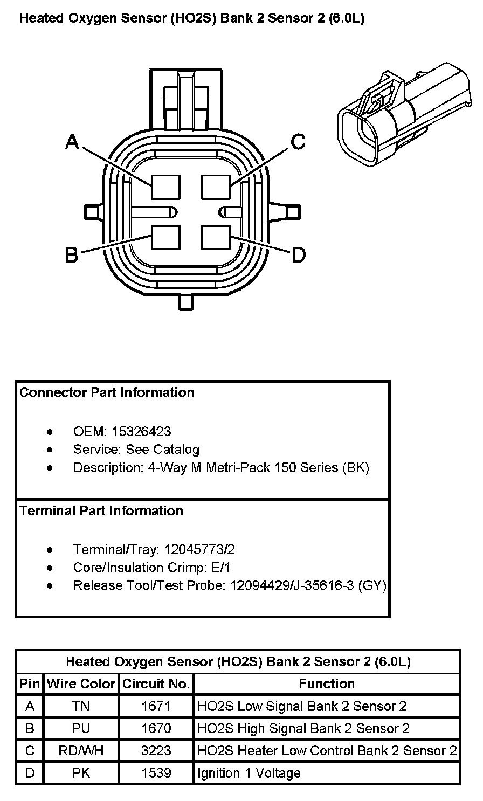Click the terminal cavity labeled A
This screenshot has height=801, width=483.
pyautogui.click(x=165, y=187)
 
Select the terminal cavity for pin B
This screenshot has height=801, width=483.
pyautogui.click(x=165, y=237)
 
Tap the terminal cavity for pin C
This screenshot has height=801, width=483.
pyautogui.click(x=216, y=187)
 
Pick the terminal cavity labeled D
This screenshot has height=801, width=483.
pyautogui.click(x=216, y=237)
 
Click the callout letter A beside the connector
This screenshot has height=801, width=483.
pyautogui.click(x=72, y=141)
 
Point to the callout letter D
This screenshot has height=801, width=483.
pyautogui.click(x=299, y=254)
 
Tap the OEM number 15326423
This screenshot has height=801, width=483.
pyautogui.click(x=141, y=431)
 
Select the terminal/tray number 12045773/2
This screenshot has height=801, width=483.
pyautogui.click(x=199, y=550)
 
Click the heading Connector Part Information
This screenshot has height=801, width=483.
pyautogui.click(x=107, y=392)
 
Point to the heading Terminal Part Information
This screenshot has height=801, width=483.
pyautogui.click(x=101, y=510)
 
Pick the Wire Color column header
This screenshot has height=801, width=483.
pyautogui.click(x=81, y=684)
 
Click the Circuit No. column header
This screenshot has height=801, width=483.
pyautogui.click(x=156, y=684)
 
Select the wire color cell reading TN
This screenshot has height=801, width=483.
pyautogui.click(x=81, y=706)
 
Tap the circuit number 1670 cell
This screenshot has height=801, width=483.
pyautogui.click(x=156, y=729)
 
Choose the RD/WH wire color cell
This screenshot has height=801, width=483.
pyautogui.click(x=81, y=751)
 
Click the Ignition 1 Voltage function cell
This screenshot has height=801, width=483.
pyautogui.click(x=249, y=774)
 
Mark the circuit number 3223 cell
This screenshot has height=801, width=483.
pyautogui.click(x=156, y=751)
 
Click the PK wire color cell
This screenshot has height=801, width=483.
pyautogui.click(x=81, y=774)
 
